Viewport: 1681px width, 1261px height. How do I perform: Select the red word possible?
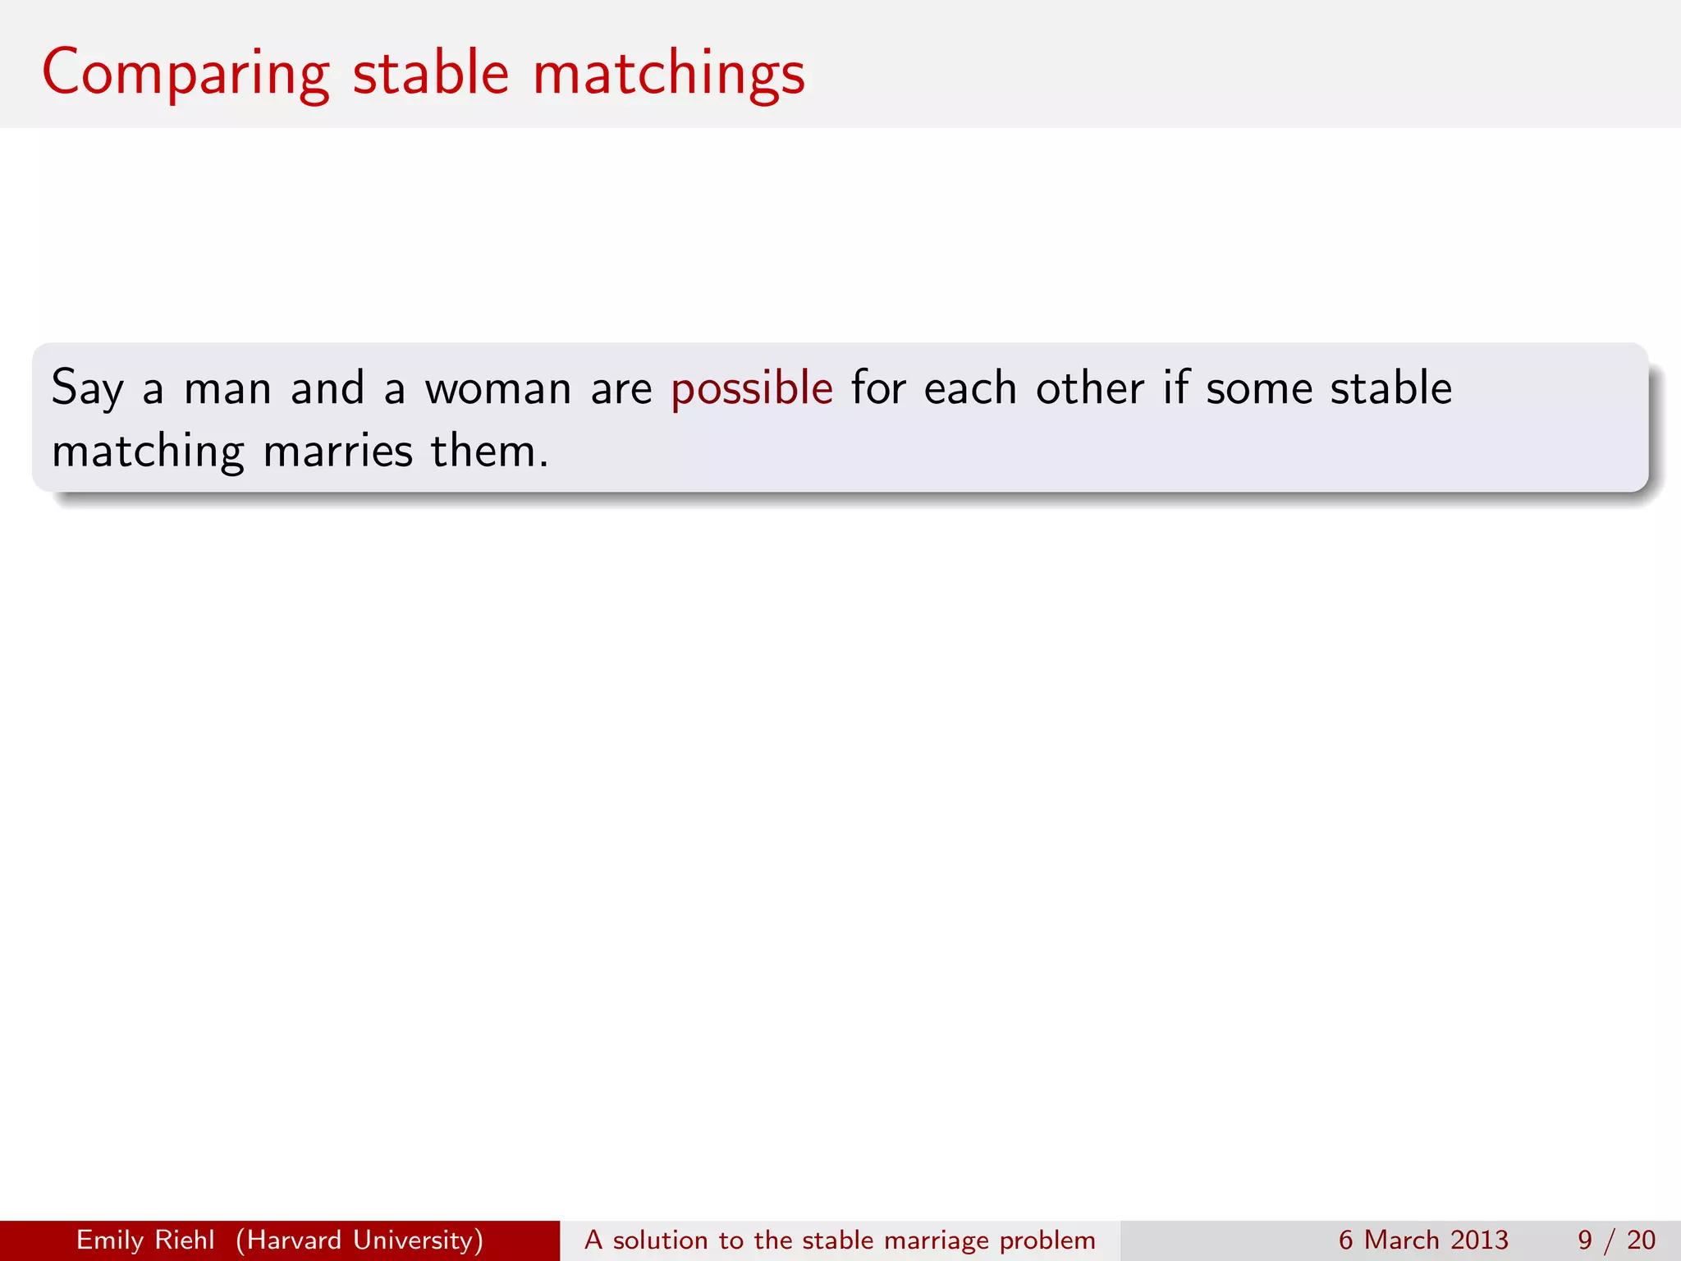coord(752,389)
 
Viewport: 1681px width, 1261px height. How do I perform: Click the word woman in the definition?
coord(498,389)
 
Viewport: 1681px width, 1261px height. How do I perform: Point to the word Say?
coord(87,389)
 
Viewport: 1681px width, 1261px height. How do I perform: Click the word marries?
coord(337,452)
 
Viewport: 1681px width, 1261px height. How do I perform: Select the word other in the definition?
coord(1089,389)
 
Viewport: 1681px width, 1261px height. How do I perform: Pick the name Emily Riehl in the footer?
coord(145,1240)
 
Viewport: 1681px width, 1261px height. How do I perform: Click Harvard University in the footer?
coord(360,1240)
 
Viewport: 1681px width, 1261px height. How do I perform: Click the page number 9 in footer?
coord(1585,1240)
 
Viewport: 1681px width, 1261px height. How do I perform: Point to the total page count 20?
coord(1641,1240)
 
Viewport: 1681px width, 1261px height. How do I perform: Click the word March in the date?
coord(1401,1240)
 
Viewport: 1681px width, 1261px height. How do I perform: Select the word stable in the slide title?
coord(431,74)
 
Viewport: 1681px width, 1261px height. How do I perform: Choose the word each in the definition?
coord(970,389)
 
